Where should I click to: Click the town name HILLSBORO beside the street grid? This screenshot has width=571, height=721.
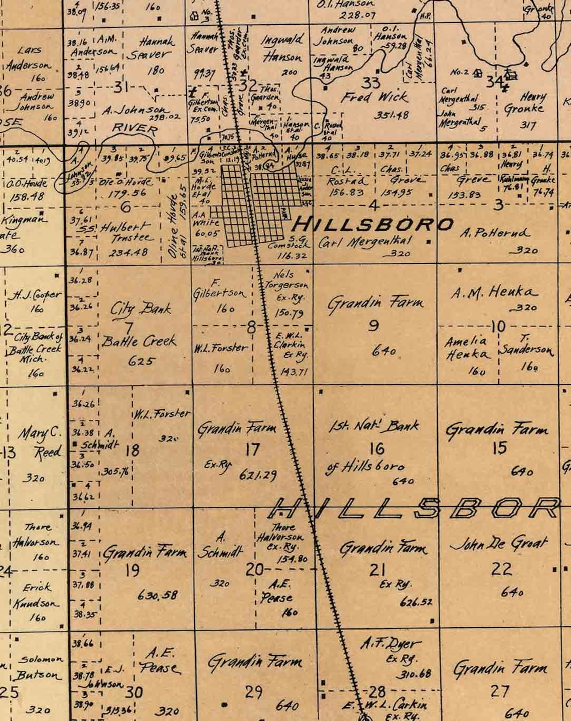point(373,224)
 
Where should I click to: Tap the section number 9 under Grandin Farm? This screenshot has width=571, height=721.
point(373,326)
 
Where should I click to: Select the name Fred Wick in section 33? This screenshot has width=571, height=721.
point(374,97)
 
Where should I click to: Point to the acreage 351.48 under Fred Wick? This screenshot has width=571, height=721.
point(391,115)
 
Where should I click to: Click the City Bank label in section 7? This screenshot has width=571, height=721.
point(141,308)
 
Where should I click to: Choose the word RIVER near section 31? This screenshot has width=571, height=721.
point(134,129)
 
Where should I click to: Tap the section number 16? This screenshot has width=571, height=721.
point(377,448)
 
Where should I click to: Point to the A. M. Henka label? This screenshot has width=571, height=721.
point(495,292)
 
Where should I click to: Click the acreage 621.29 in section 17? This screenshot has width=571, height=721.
point(258,474)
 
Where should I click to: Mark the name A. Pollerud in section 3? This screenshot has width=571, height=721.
point(495,233)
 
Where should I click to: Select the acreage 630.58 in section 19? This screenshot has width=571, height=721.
point(157,595)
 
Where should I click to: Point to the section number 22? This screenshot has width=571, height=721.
point(501,569)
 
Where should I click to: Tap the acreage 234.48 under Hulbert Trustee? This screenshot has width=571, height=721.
point(129,253)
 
